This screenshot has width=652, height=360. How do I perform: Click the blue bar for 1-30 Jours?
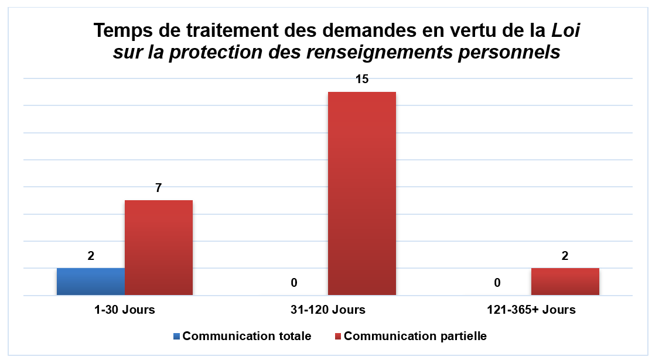[x=91, y=282]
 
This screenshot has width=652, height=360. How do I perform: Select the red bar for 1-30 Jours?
[x=159, y=248]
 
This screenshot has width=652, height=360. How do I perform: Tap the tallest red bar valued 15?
[x=362, y=193]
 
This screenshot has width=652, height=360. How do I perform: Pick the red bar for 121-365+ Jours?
[x=565, y=282]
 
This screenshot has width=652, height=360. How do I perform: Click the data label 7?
[x=158, y=188]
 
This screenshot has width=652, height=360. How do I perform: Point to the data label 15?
[x=362, y=80]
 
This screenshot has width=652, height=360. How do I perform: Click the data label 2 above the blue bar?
[x=91, y=256]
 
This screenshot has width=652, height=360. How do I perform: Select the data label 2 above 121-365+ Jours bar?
[x=565, y=256]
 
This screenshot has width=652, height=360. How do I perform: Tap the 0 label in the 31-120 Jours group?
[x=294, y=283]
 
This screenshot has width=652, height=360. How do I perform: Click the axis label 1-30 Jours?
[x=125, y=310]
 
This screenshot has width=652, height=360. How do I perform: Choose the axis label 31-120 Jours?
[x=328, y=310]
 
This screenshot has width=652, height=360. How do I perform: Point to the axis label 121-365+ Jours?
[x=531, y=310]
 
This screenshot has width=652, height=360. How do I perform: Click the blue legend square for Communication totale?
[x=176, y=337]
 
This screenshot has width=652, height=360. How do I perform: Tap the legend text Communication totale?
[x=247, y=337]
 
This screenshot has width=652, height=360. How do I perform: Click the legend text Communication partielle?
[x=415, y=337]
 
